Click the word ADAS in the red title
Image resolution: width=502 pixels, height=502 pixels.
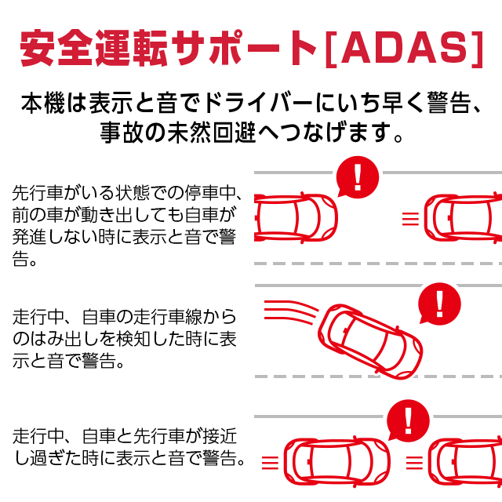(x=403, y=49)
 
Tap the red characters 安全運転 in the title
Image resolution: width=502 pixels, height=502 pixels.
(x=85, y=49)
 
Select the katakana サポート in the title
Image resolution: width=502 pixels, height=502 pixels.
(x=235, y=49)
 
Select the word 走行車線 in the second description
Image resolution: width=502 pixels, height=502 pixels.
(x=172, y=318)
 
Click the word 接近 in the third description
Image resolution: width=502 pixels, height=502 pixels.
(x=220, y=436)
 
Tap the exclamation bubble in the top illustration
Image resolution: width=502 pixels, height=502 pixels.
(x=358, y=177)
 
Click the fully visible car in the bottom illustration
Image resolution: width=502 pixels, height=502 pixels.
(x=336, y=461)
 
